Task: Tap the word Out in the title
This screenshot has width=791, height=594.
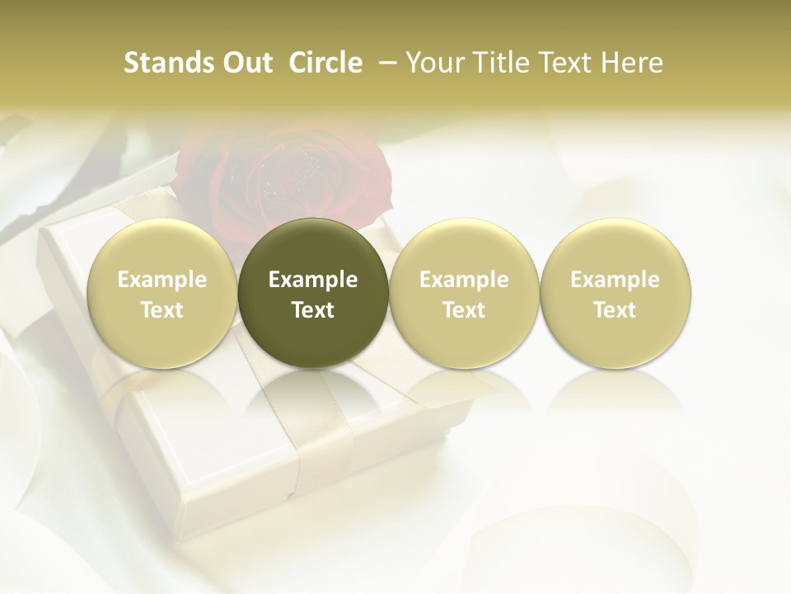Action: pos(245,63)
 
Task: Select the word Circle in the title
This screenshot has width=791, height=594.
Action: pos(325,63)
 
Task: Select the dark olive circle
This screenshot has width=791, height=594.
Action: pos(313,293)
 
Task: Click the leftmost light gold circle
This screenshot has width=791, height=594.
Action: pos(162,293)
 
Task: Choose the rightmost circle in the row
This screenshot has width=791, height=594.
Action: pos(615,293)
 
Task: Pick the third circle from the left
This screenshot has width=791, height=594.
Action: pos(464,293)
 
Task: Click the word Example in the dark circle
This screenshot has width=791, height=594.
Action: pos(313,280)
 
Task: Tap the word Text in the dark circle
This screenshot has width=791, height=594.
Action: pos(313,310)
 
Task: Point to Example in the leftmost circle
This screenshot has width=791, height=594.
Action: pos(162,280)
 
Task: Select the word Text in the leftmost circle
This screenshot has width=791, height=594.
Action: pos(162,310)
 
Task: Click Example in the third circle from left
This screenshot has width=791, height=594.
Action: pos(464,280)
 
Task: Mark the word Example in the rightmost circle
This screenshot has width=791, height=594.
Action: pos(615,280)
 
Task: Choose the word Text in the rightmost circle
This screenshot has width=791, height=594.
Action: pos(615,310)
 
